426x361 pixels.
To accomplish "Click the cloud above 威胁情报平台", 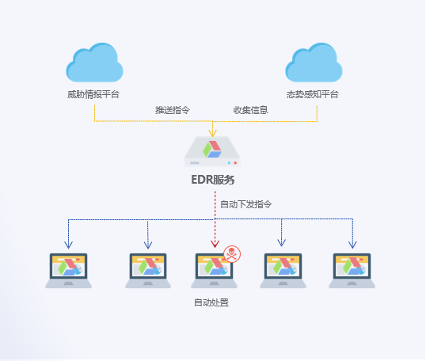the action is tap(94, 63).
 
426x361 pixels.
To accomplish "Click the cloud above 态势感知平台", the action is tap(314, 63).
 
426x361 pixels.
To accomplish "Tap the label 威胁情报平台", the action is tap(93, 94).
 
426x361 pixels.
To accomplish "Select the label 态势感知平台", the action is tap(313, 94).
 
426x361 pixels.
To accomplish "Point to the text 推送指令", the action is tap(173, 110).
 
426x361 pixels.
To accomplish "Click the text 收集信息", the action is tap(250, 110).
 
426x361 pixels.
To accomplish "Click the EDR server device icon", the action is tap(212, 151).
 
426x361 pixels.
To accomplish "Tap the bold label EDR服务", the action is tap(213, 180).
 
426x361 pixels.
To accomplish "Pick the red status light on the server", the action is tap(235, 163).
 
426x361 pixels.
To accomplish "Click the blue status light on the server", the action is tap(229, 163).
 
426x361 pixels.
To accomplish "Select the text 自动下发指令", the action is tap(246, 204).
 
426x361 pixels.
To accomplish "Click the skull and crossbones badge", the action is tap(232, 254).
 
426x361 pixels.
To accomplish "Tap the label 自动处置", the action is tap(211, 302).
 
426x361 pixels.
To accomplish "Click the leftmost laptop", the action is tap(68, 271).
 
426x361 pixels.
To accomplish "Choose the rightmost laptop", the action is tap(352, 271).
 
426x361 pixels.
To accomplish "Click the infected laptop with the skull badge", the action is tap(214, 271).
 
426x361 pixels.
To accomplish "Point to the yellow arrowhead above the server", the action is tap(212, 133).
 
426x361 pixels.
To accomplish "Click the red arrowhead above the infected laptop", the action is tap(215, 244).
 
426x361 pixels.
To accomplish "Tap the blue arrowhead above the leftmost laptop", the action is tap(68, 245).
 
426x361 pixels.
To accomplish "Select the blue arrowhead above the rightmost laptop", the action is tap(352, 245).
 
